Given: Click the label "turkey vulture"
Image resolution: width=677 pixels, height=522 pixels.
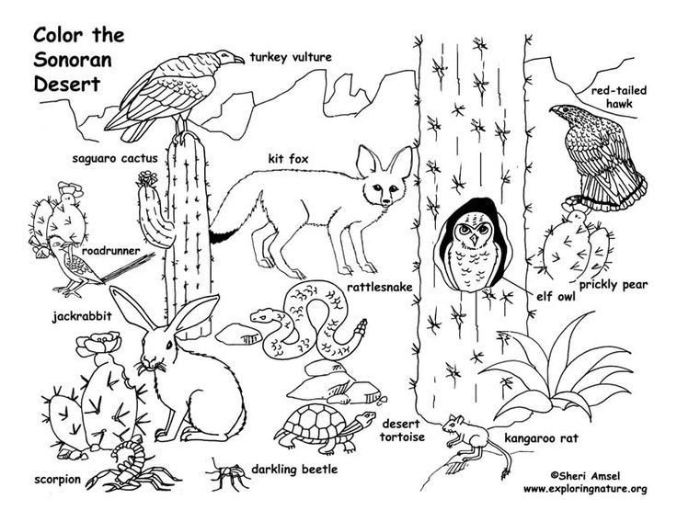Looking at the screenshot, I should pyautogui.click(x=290, y=57).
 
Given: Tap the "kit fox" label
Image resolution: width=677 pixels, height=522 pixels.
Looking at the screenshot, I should pyautogui.click(x=288, y=157).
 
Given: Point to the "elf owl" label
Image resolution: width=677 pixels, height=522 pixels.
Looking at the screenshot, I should pyautogui.click(x=554, y=297).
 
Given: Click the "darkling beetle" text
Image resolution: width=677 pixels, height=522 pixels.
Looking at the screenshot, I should pyautogui.click(x=297, y=470).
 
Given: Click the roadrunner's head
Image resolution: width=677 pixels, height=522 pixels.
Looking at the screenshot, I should pyautogui.click(x=59, y=244).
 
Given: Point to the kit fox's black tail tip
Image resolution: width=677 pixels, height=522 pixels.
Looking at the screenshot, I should pyautogui.click(x=220, y=236).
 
